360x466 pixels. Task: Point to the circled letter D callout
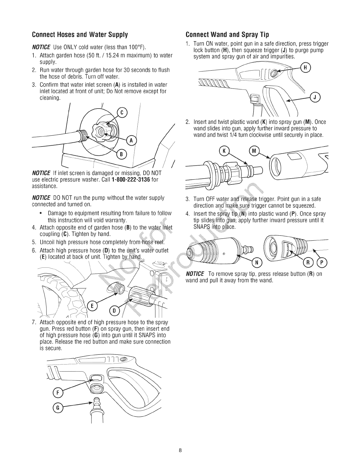pyautogui.click(x=114, y=311)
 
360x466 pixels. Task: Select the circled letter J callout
pyautogui.click(x=315, y=97)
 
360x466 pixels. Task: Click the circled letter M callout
pyautogui.click(x=254, y=151)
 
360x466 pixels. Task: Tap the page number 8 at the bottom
pyautogui.click(x=180, y=450)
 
